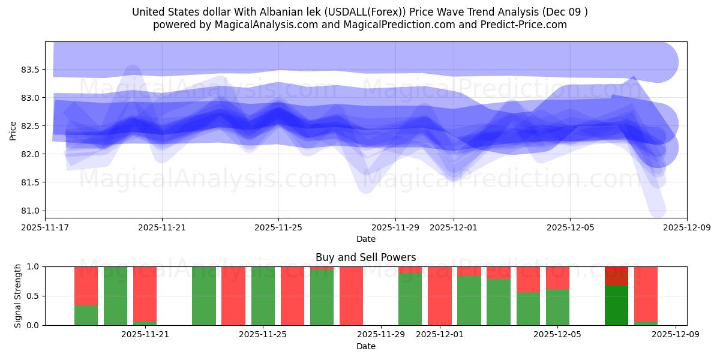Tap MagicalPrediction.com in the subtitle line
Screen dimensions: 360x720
click(393, 25)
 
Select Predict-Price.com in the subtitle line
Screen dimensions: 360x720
click(521, 25)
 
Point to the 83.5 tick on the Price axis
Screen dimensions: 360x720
click(29, 70)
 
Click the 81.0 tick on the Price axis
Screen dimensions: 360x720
click(29, 211)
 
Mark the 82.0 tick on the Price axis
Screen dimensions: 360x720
click(29, 154)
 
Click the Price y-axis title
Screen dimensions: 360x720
click(13, 130)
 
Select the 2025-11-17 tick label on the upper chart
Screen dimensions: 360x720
click(45, 227)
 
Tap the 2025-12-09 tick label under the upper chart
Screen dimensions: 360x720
click(686, 227)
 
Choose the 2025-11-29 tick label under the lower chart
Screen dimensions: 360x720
click(382, 334)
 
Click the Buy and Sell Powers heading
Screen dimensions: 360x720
click(365, 257)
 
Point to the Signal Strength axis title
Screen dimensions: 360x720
click(17, 296)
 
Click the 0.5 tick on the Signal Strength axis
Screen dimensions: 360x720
click(34, 296)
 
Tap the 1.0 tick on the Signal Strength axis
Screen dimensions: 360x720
click(34, 266)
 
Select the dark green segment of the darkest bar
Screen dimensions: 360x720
click(616, 305)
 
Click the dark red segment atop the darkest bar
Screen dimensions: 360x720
click(616, 276)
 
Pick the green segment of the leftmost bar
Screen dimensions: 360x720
click(86, 315)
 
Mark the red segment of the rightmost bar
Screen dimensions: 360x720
click(646, 293)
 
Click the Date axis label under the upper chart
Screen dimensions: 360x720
click(365, 239)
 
